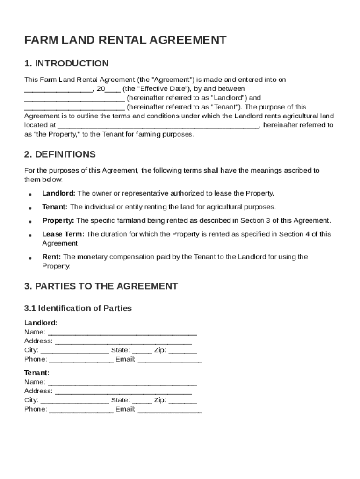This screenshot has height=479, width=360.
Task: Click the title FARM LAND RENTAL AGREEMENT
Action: click(x=125, y=40)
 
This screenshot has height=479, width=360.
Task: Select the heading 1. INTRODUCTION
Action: click(x=66, y=64)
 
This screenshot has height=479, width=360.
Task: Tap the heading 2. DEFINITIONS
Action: click(x=60, y=154)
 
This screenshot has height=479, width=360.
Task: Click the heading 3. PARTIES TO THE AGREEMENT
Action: click(x=101, y=286)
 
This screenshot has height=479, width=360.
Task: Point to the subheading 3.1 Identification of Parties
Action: click(x=78, y=308)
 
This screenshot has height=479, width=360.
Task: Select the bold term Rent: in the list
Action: click(x=51, y=257)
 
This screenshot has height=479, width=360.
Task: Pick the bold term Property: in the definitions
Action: click(x=58, y=220)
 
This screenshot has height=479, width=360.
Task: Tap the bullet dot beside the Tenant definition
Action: click(x=30, y=208)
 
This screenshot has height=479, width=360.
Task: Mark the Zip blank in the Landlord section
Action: click(x=182, y=351)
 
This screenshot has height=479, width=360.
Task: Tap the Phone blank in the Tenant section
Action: click(x=81, y=410)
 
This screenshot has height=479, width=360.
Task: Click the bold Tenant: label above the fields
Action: click(x=36, y=373)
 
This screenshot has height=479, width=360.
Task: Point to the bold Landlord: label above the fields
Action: click(x=41, y=323)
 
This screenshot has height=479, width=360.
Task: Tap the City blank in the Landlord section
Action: click(x=75, y=351)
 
